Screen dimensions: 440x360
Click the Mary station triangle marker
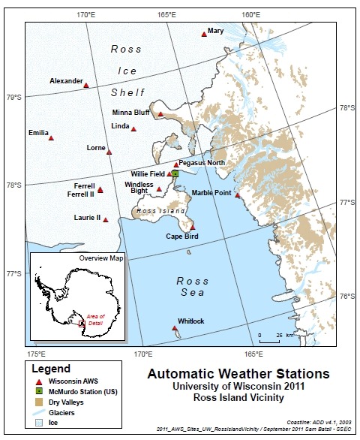click(204, 34)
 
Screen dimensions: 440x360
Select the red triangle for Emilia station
click(51, 137)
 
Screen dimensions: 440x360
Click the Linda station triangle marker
click(133, 129)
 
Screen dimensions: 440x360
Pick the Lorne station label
click(96, 148)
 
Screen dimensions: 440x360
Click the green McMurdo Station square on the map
click(175, 173)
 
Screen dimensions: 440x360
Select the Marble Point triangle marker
click(238, 195)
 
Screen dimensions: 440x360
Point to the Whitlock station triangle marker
click(175, 328)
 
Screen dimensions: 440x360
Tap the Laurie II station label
click(87, 218)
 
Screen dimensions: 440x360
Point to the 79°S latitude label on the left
click(13, 97)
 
